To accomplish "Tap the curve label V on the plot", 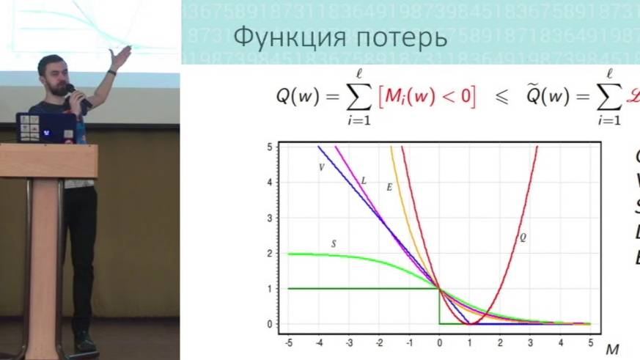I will (321, 167).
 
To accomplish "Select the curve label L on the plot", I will (364, 180).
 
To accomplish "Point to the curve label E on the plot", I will (389, 188).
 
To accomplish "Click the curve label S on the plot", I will (334, 243).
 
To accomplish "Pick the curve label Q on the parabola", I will (523, 237).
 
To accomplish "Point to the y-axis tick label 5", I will (270, 147).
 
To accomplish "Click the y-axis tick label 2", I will (270, 254).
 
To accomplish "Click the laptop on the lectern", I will (45, 128).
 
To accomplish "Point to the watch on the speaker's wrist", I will (111, 72).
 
